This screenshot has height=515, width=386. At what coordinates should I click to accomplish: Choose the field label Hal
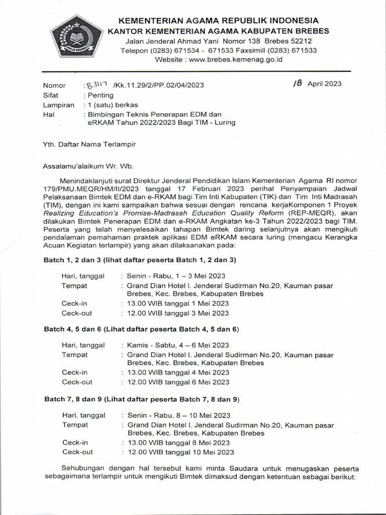click(49, 115)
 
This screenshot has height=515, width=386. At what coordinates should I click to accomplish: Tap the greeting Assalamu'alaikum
click(75, 165)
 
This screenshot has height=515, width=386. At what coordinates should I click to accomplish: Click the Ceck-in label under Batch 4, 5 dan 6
click(75, 372)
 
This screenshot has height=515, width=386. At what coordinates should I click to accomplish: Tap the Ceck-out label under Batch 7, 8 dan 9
click(77, 452)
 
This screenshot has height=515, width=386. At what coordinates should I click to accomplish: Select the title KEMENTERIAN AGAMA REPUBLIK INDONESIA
click(218, 21)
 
